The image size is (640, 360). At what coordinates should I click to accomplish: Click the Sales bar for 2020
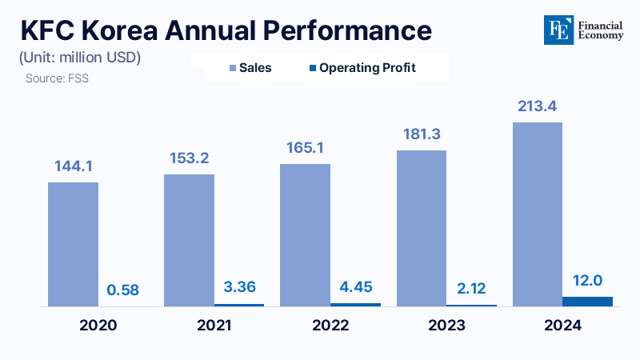[x=73, y=244]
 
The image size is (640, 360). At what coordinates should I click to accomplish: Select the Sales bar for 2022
[x=305, y=235]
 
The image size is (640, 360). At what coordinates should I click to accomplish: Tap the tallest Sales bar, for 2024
[x=537, y=214]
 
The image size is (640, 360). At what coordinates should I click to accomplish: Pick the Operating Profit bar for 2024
[x=587, y=302]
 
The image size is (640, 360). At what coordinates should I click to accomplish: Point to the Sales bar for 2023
[x=421, y=228]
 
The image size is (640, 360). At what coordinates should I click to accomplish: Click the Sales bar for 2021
[x=189, y=240]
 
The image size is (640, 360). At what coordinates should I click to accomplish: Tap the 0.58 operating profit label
[x=124, y=289]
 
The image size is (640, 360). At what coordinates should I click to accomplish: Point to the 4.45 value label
[x=355, y=287]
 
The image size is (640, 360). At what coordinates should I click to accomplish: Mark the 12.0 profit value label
[x=588, y=281]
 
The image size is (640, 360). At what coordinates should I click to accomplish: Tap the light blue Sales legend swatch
[x=232, y=68]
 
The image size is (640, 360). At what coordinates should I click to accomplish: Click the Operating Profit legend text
[x=367, y=68]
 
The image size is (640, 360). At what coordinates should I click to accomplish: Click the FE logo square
[x=556, y=30]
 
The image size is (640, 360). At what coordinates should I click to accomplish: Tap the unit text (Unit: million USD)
[x=79, y=58]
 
